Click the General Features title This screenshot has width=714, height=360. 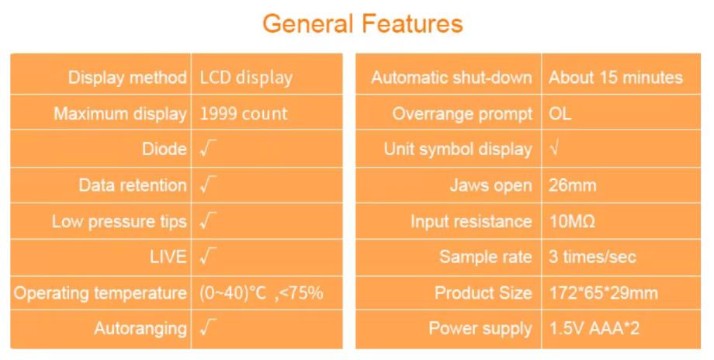[362, 24]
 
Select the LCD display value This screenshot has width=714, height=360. [246, 78]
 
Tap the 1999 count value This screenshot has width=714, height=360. [244, 114]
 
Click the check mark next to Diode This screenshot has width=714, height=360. [208, 149]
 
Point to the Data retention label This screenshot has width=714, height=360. [133, 185]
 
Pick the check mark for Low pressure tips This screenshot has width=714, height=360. [208, 221]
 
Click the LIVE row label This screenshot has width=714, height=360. [168, 257]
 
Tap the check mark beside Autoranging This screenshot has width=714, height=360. [208, 327]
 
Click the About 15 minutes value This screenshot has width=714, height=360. [615, 78]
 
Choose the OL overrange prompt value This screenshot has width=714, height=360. [560, 113]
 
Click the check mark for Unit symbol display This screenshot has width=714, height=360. [553, 149]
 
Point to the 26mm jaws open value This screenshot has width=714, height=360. [573, 185]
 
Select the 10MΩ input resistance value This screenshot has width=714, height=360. [572, 222]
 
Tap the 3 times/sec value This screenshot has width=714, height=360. [592, 257]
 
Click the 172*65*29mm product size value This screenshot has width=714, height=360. [603, 292]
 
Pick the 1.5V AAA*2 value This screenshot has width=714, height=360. [594, 328]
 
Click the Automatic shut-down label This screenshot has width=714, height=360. [452, 78]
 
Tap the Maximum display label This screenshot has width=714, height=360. [120, 114]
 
